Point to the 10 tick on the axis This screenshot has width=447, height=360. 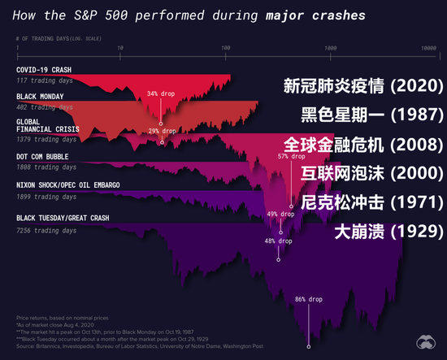point(120,50)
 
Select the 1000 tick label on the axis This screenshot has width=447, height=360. point(330,50)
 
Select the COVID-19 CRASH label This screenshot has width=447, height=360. point(46,70)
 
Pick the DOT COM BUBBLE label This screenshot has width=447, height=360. point(47,157)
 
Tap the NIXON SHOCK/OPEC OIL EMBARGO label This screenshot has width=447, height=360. point(68,185)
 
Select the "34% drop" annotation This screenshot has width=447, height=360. point(161,93)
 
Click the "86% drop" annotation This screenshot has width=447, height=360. point(308,300)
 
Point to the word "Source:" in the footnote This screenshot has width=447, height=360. point(26,348)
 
